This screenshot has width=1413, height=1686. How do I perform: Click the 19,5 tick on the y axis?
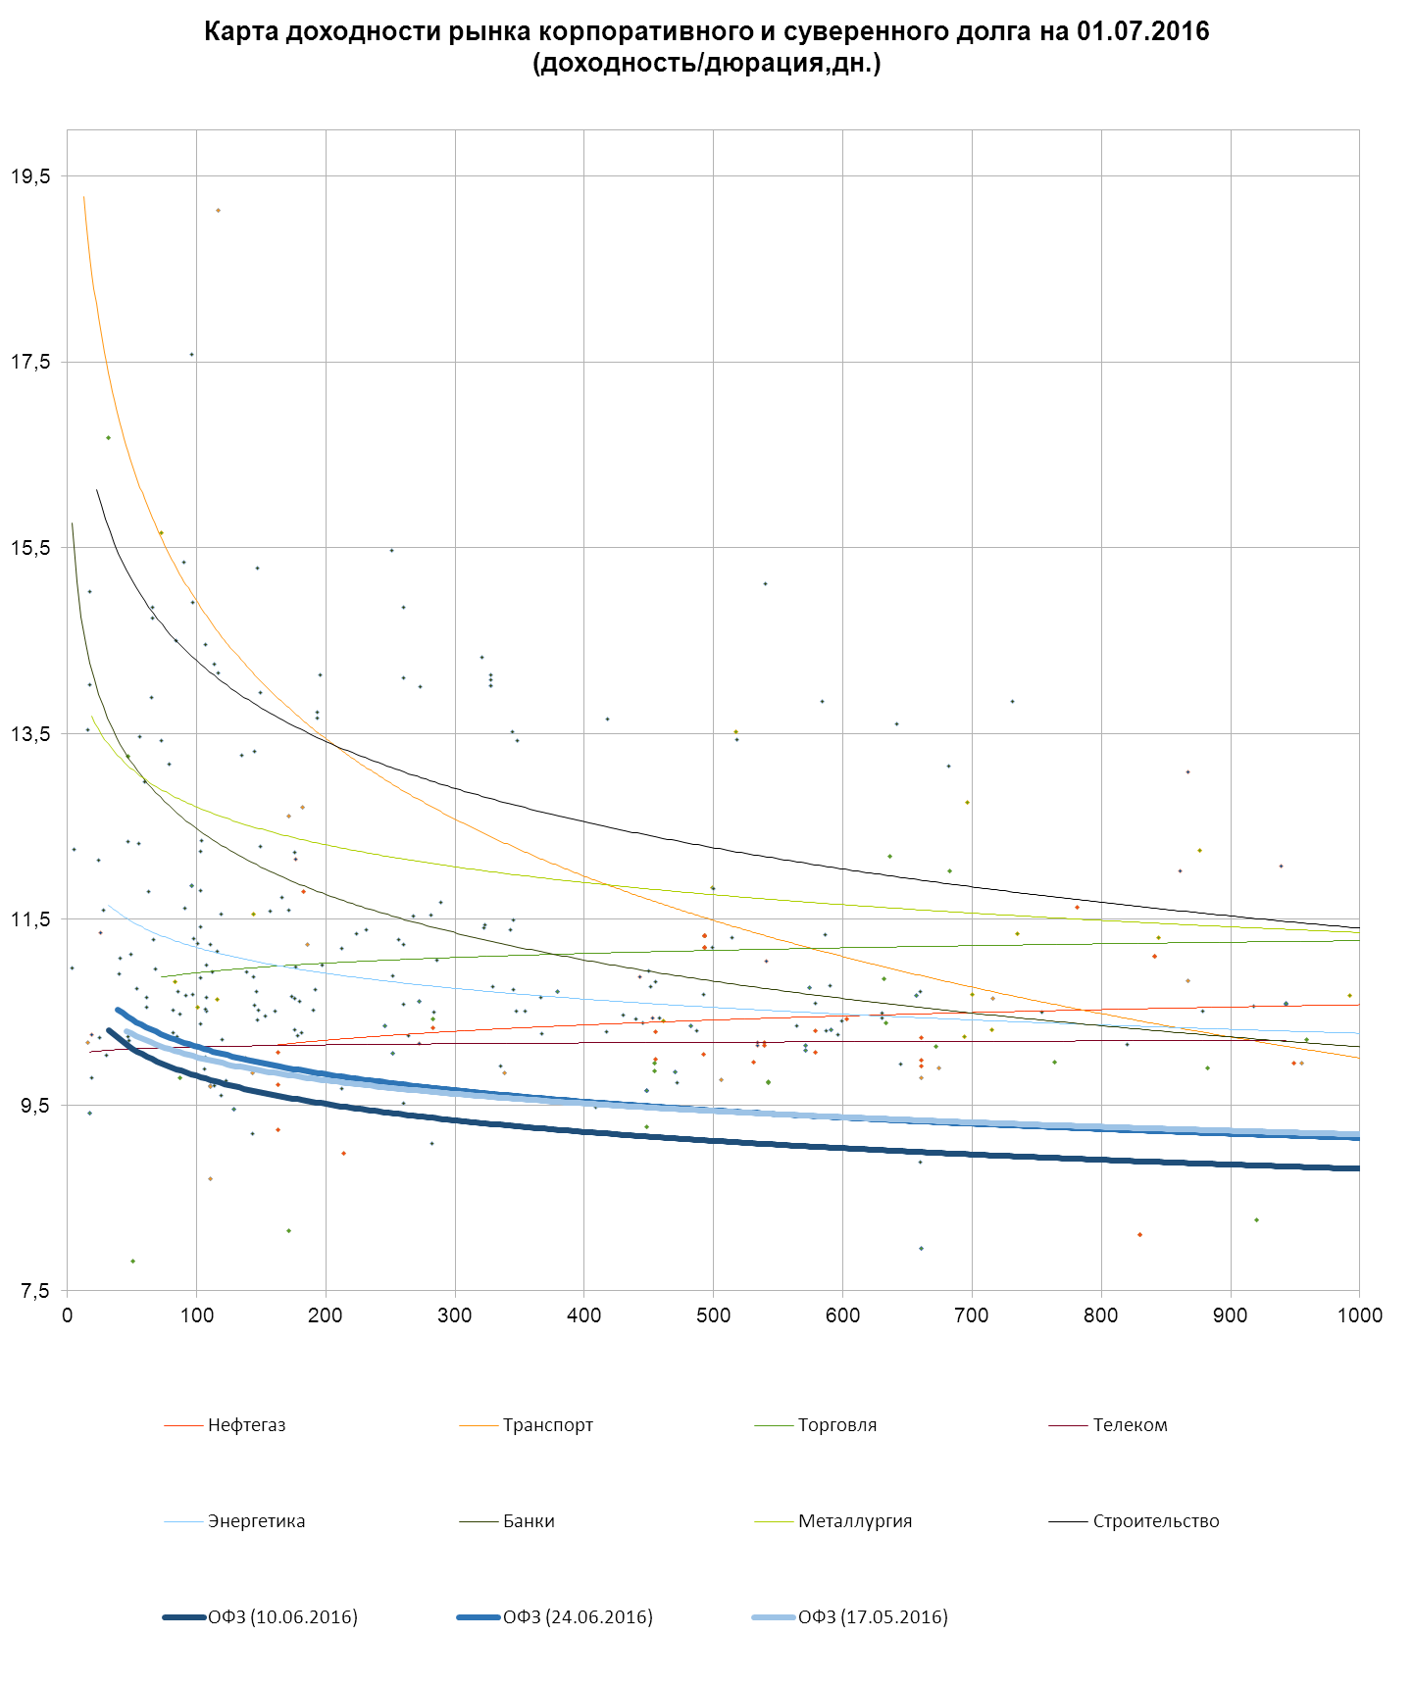29,176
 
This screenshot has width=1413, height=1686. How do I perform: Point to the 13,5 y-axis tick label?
29,734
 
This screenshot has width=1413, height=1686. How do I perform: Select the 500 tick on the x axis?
713,1315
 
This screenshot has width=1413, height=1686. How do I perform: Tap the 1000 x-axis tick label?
1359,1315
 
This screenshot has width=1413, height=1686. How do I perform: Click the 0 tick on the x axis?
67,1315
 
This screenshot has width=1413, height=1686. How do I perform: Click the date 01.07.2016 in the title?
1142,31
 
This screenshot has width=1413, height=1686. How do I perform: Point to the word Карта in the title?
237,31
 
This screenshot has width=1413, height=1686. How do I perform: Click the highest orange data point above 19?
218,211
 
